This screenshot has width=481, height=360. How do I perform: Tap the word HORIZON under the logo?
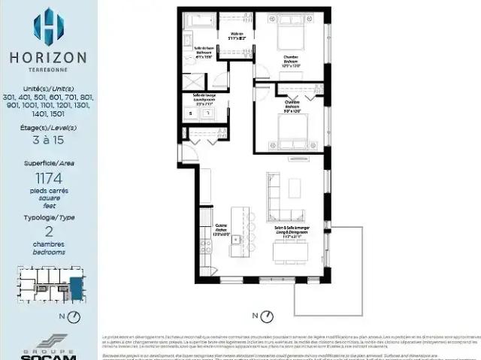pos(48,57)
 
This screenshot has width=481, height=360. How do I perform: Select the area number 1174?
pos(49,178)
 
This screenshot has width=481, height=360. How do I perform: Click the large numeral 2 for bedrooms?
pos(49,231)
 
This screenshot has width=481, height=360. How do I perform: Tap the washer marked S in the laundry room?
pos(191,113)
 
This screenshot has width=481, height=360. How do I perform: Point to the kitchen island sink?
pos(235,241)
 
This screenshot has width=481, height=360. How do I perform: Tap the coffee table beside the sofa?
pos(294,187)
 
